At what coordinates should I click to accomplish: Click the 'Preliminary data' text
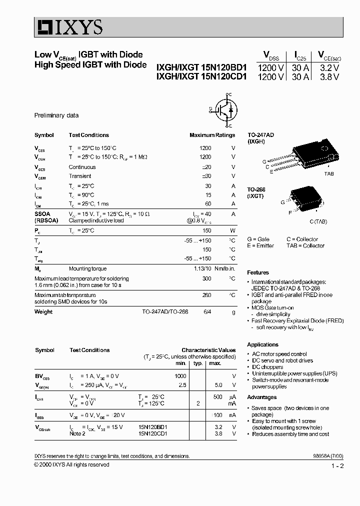click(x=56, y=115)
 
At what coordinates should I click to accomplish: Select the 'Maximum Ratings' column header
click(x=212, y=135)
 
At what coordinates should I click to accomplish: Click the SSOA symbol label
click(x=42, y=213)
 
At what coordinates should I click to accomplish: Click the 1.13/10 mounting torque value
click(x=202, y=268)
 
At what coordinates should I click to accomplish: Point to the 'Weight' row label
click(x=43, y=311)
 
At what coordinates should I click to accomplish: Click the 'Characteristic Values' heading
click(x=208, y=350)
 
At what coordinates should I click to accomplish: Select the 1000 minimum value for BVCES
click(x=180, y=376)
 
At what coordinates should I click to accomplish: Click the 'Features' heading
click(x=258, y=272)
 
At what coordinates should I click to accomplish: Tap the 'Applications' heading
click(x=262, y=344)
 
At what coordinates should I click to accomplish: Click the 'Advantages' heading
click(x=261, y=397)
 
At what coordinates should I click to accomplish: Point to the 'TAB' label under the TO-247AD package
click(x=328, y=173)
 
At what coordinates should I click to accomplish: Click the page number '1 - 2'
click(x=337, y=466)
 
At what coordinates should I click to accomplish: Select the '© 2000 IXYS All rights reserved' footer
click(x=71, y=464)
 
